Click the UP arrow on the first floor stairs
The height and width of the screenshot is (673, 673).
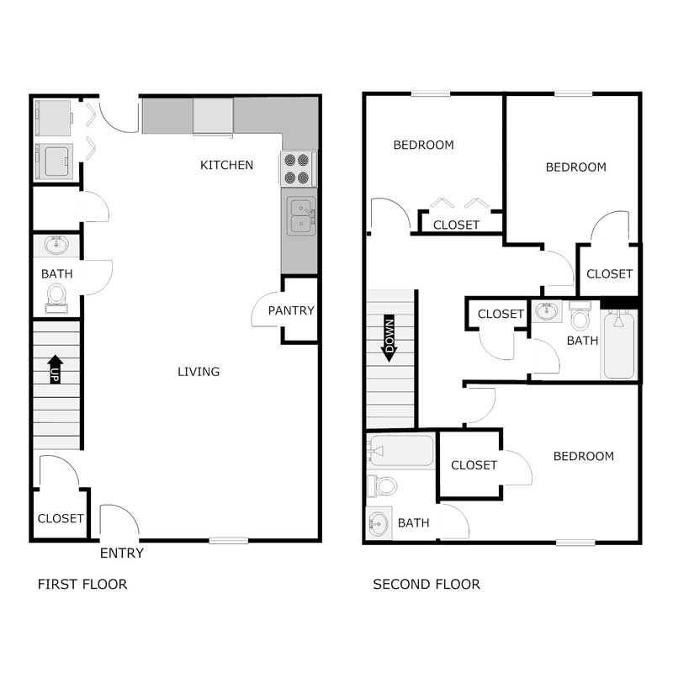[56, 368]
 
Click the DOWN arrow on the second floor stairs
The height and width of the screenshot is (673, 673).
[389, 339]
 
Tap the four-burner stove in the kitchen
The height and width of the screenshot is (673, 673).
[299, 168]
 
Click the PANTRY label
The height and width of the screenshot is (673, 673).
[291, 310]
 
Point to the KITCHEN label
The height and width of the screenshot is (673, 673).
[226, 165]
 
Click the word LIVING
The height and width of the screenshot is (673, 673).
[199, 371]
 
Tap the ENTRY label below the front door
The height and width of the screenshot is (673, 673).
[122, 553]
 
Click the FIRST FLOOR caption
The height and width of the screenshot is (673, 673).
[82, 584]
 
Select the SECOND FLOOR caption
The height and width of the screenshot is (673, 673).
[427, 584]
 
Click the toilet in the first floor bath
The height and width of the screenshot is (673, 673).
[56, 296]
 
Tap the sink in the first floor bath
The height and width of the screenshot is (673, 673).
[56, 246]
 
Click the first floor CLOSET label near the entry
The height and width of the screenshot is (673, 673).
[61, 518]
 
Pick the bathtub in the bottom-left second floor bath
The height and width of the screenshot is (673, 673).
[401, 452]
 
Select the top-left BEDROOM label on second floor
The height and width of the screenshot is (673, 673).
[423, 145]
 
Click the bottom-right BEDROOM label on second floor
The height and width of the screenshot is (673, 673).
[583, 456]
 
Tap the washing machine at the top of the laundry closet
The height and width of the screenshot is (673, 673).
[55, 118]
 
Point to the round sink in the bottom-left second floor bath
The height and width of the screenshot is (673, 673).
[377, 524]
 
